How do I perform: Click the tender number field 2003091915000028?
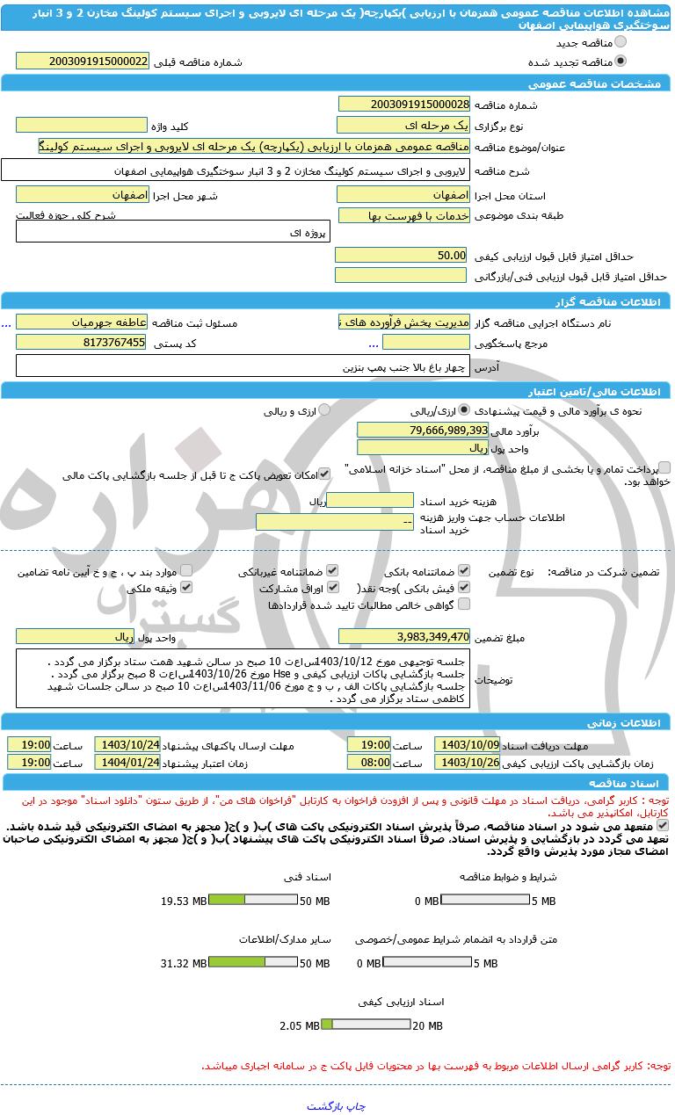403,105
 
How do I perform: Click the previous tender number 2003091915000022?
83,62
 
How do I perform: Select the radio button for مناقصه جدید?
621,41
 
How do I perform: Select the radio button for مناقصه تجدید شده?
621,62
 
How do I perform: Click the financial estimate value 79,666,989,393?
423,430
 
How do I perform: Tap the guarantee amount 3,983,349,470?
404,636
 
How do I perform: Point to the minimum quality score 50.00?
403,255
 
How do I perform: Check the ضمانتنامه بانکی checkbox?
464,570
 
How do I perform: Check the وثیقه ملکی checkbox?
185,587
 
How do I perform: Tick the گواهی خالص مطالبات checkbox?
464,604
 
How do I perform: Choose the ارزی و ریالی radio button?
324,409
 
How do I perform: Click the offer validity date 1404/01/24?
127,763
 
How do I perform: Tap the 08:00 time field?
369,763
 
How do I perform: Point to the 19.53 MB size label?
184,901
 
